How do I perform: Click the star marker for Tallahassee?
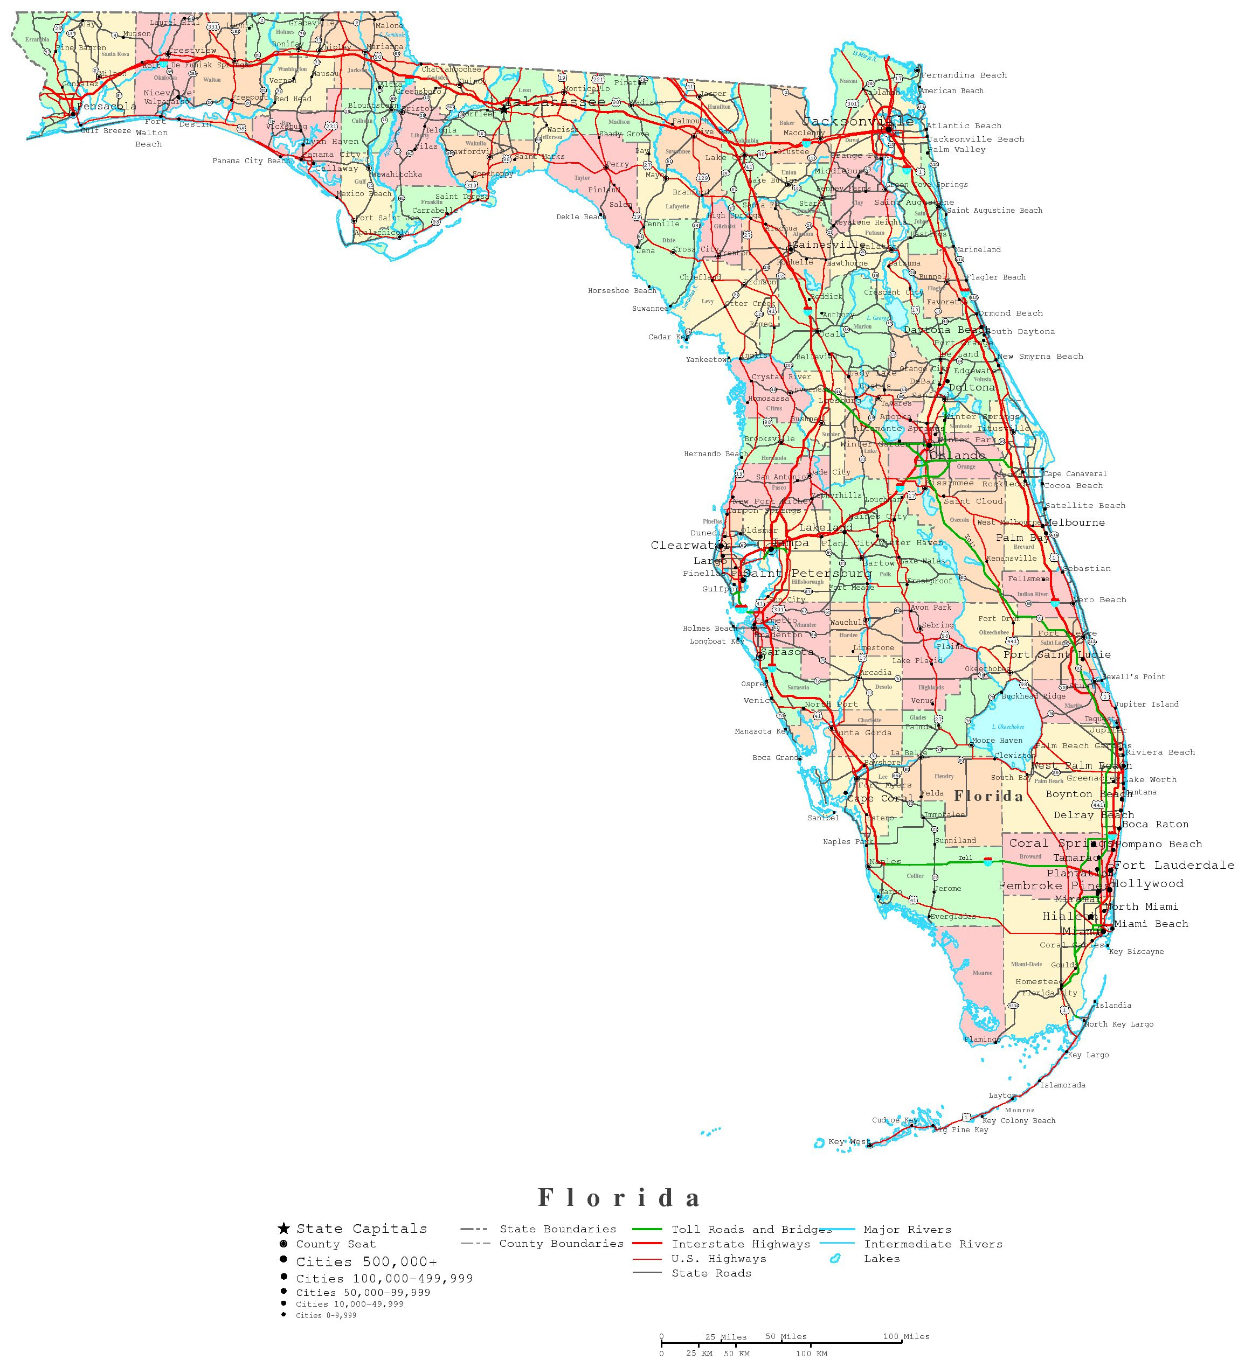[504, 108]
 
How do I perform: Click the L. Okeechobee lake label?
[1007, 726]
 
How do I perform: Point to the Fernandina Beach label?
[964, 75]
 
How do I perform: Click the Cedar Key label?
[669, 337]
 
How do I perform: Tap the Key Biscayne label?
[1136, 951]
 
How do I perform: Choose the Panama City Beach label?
[251, 162]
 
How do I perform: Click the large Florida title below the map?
[619, 1198]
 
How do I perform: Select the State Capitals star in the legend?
[283, 1229]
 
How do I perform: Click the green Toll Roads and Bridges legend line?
[648, 1229]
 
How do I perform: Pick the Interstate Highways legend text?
[741, 1244]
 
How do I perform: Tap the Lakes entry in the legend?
[881, 1259]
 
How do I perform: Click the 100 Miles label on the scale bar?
[906, 1336]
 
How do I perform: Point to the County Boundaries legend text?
[561, 1244]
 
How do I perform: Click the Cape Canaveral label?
[1075, 474]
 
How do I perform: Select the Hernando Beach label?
[716, 454]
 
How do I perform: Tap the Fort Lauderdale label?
[1174, 865]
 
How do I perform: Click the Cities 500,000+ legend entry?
[366, 1262]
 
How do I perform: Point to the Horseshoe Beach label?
[622, 291]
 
